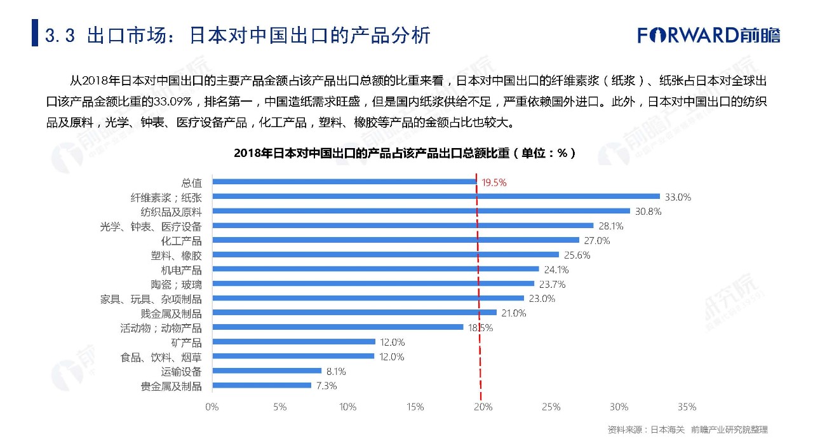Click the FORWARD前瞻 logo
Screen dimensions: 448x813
(x=709, y=34)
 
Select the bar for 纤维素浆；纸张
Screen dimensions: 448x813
(x=436, y=196)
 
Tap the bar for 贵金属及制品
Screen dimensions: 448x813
(x=262, y=385)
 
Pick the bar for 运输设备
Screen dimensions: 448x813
(x=267, y=370)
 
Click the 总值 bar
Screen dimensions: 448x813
(x=344, y=182)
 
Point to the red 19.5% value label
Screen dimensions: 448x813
(x=494, y=182)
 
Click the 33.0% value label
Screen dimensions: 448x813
(x=678, y=197)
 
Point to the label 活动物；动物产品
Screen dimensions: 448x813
(x=161, y=328)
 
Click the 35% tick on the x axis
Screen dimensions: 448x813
(x=687, y=407)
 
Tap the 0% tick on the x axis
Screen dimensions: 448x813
(x=212, y=407)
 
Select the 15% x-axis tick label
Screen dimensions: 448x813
(x=415, y=407)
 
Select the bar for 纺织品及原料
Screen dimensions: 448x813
(x=420, y=211)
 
